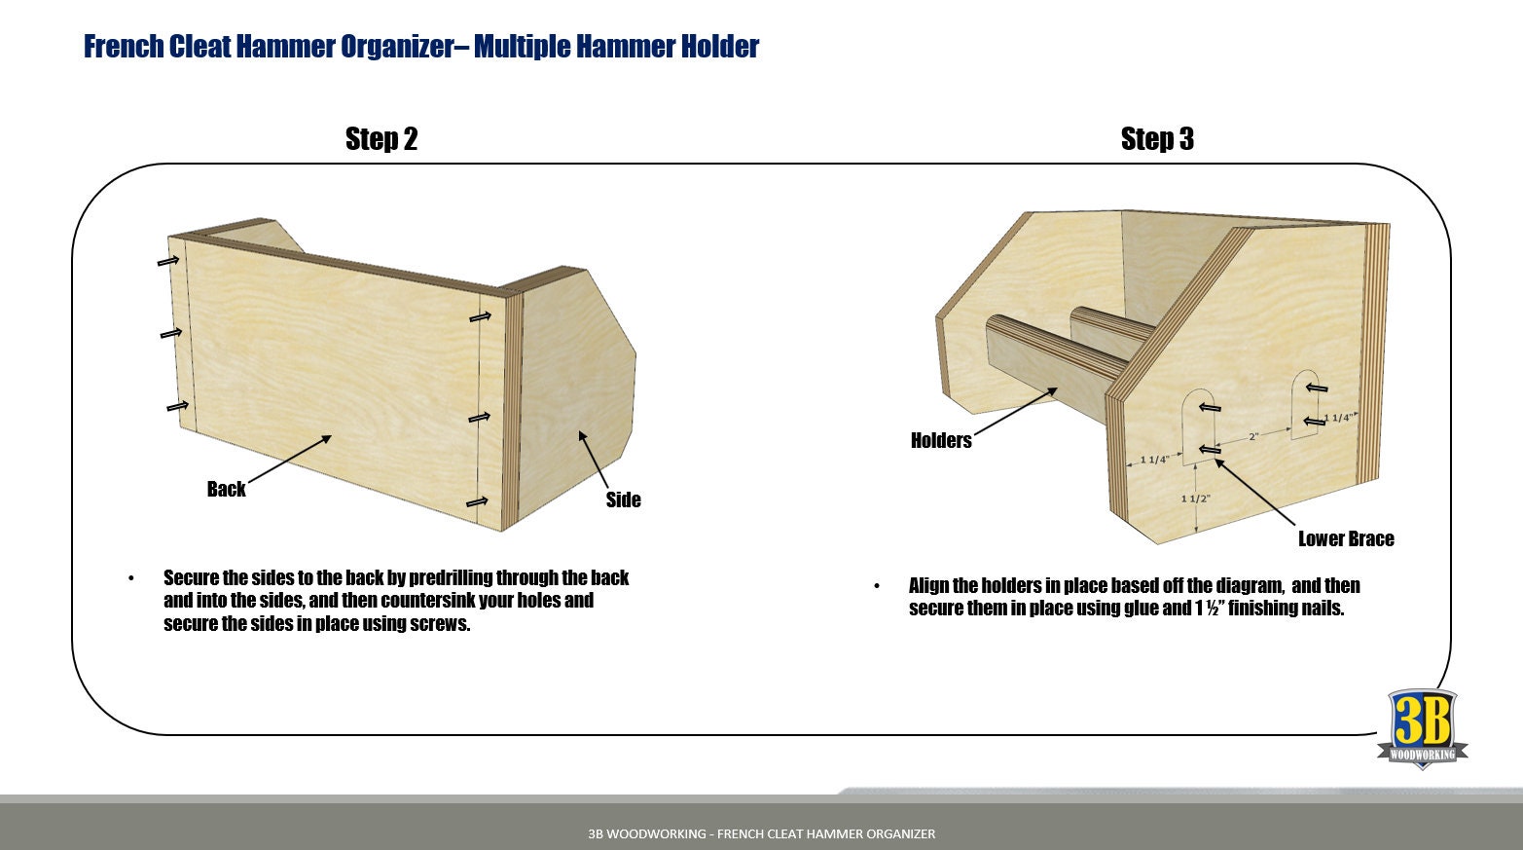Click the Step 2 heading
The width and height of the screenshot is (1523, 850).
[381, 139]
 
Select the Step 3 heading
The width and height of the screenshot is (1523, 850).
[1156, 139]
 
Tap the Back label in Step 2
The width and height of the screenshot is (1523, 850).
[226, 489]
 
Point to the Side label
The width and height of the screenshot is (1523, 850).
[623, 499]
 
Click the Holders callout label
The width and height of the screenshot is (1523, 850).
[940, 440]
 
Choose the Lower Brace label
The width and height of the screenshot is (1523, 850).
[1345, 538]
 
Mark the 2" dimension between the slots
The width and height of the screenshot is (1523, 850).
[1253, 437]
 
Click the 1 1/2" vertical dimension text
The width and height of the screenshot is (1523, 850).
[1195, 499]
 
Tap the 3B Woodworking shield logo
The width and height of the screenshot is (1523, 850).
[1422, 728]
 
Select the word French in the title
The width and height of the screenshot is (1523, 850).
[124, 47]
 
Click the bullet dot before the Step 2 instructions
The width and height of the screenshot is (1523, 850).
[131, 578]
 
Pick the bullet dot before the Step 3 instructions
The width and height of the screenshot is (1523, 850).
[877, 586]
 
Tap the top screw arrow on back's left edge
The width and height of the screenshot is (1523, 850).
[168, 261]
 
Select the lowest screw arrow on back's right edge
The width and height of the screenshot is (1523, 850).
[477, 502]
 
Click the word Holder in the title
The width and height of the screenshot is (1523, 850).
[719, 47]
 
